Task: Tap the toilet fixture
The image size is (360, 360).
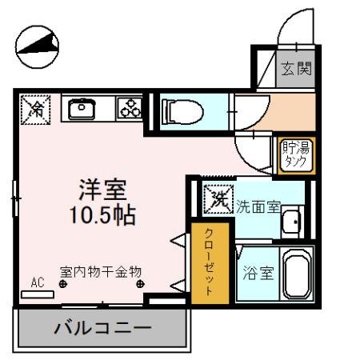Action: [x=180, y=111]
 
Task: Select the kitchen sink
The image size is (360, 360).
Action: [x=82, y=109]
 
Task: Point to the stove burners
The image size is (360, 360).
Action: [x=128, y=109]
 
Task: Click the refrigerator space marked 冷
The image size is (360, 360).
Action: [x=35, y=108]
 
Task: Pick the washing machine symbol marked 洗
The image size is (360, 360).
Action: [x=215, y=197]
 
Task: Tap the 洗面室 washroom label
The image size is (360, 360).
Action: [x=257, y=206]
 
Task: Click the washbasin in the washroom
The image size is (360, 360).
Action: [x=293, y=219]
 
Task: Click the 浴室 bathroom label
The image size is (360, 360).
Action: [x=258, y=273]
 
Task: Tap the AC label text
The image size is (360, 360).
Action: [x=37, y=282]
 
